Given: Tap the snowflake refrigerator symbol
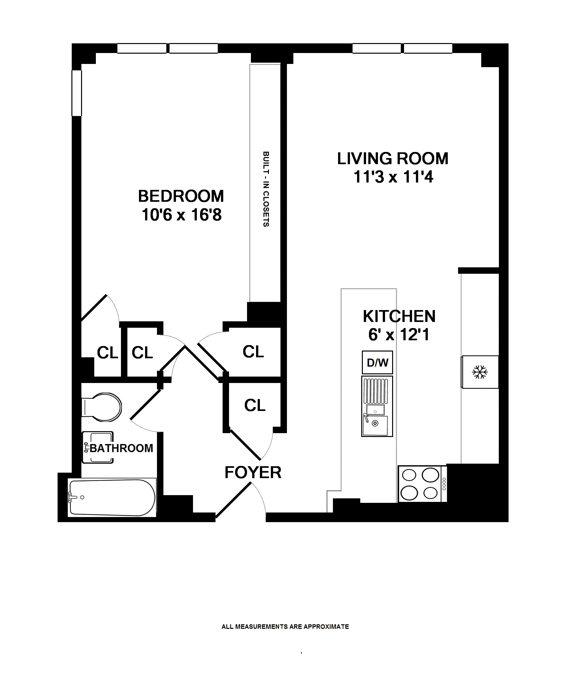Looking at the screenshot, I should pyautogui.click(x=480, y=372).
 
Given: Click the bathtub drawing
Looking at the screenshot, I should pyautogui.click(x=112, y=497).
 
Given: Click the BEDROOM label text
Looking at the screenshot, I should pyautogui.click(x=181, y=196).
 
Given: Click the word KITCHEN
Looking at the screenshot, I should pyautogui.click(x=399, y=316).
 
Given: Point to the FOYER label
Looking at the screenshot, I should pyautogui.click(x=253, y=473).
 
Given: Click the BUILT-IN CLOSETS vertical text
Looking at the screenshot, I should pyautogui.click(x=266, y=189).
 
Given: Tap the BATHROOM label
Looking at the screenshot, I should pyautogui.click(x=121, y=448).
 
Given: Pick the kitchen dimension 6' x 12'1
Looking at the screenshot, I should pyautogui.click(x=399, y=335).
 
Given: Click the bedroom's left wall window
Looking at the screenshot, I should pyautogui.click(x=77, y=93).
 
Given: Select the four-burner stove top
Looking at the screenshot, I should pyautogui.click(x=422, y=484).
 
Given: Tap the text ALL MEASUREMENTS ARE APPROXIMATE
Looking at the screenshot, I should pyautogui.click(x=285, y=627).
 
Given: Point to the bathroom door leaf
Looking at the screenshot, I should pyautogui.click(x=146, y=405).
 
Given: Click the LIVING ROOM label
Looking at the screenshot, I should pyautogui.click(x=392, y=159).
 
